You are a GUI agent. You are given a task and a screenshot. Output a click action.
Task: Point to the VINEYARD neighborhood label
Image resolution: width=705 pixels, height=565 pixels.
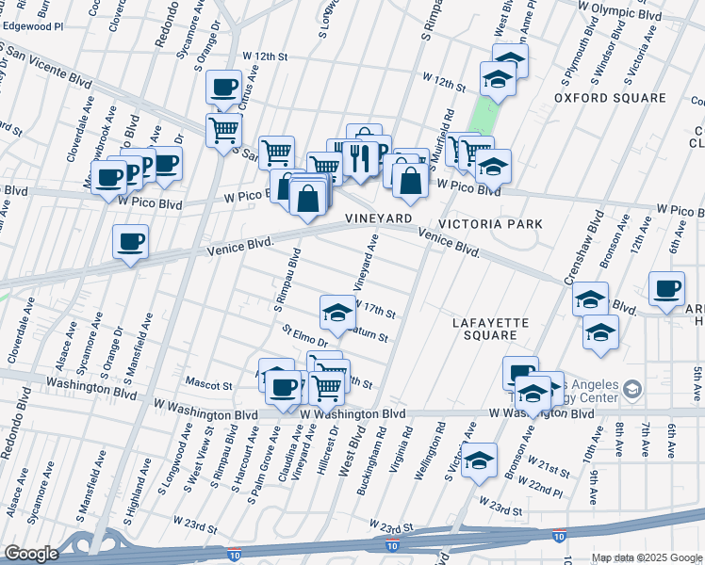click(380, 218)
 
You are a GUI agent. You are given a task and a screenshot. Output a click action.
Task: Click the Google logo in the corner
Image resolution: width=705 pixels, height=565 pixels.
click(31, 554)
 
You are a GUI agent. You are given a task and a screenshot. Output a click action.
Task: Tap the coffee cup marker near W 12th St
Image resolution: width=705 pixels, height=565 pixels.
click(224, 89)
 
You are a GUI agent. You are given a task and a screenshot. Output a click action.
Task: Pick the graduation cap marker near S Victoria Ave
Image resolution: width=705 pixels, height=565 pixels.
click(480, 460)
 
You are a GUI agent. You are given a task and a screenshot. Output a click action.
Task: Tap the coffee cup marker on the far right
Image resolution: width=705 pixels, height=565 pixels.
click(667, 288)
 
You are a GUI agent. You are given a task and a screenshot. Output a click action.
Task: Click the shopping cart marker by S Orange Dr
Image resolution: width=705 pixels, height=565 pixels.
click(223, 129)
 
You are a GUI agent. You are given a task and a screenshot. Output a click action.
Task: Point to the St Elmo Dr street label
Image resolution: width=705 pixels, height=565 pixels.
click(303, 336)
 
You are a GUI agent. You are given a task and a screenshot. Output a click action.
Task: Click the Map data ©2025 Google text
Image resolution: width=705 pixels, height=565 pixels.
click(646, 557)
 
